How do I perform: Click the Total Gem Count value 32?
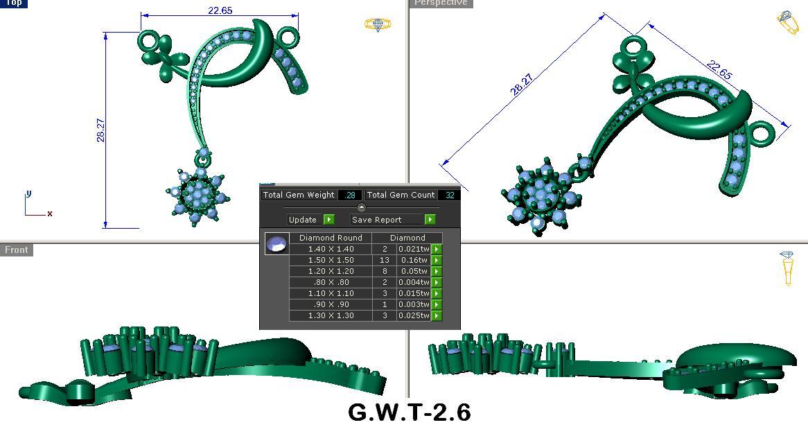coord(450,195)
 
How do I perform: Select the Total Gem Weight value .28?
coord(350,195)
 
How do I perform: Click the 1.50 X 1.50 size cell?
coord(331,260)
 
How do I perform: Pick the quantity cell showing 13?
coord(385,260)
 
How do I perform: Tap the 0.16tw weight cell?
coord(413,260)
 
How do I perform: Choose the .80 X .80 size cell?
coord(331,282)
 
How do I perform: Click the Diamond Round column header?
coord(331,238)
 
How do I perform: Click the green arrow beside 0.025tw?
coord(437,315)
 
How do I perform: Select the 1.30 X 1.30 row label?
coord(331,315)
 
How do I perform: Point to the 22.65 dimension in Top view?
coord(220,10)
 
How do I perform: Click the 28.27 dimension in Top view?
coord(101,130)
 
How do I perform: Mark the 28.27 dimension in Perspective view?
coord(522,85)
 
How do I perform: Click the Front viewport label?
coord(17,250)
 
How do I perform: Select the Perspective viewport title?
coord(441,3)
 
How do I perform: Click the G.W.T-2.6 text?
coord(409,412)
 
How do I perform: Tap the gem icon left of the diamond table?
coord(276,244)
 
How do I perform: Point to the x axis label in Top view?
coord(50,213)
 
